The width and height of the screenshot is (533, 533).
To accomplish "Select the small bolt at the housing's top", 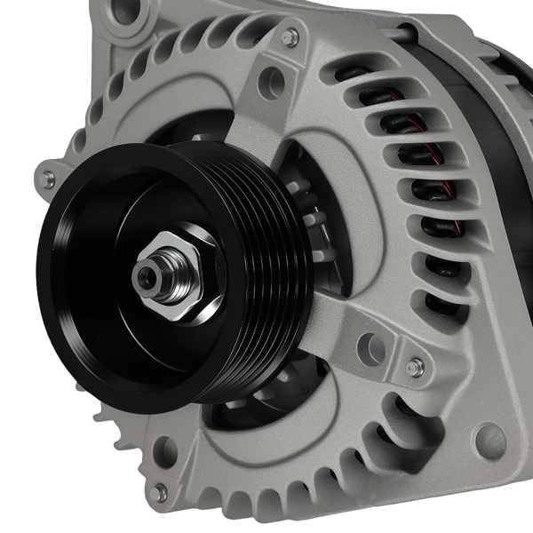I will point(290,37).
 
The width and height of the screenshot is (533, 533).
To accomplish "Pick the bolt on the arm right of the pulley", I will point(415,367).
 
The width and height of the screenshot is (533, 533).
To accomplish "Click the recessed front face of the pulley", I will point(115,266).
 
